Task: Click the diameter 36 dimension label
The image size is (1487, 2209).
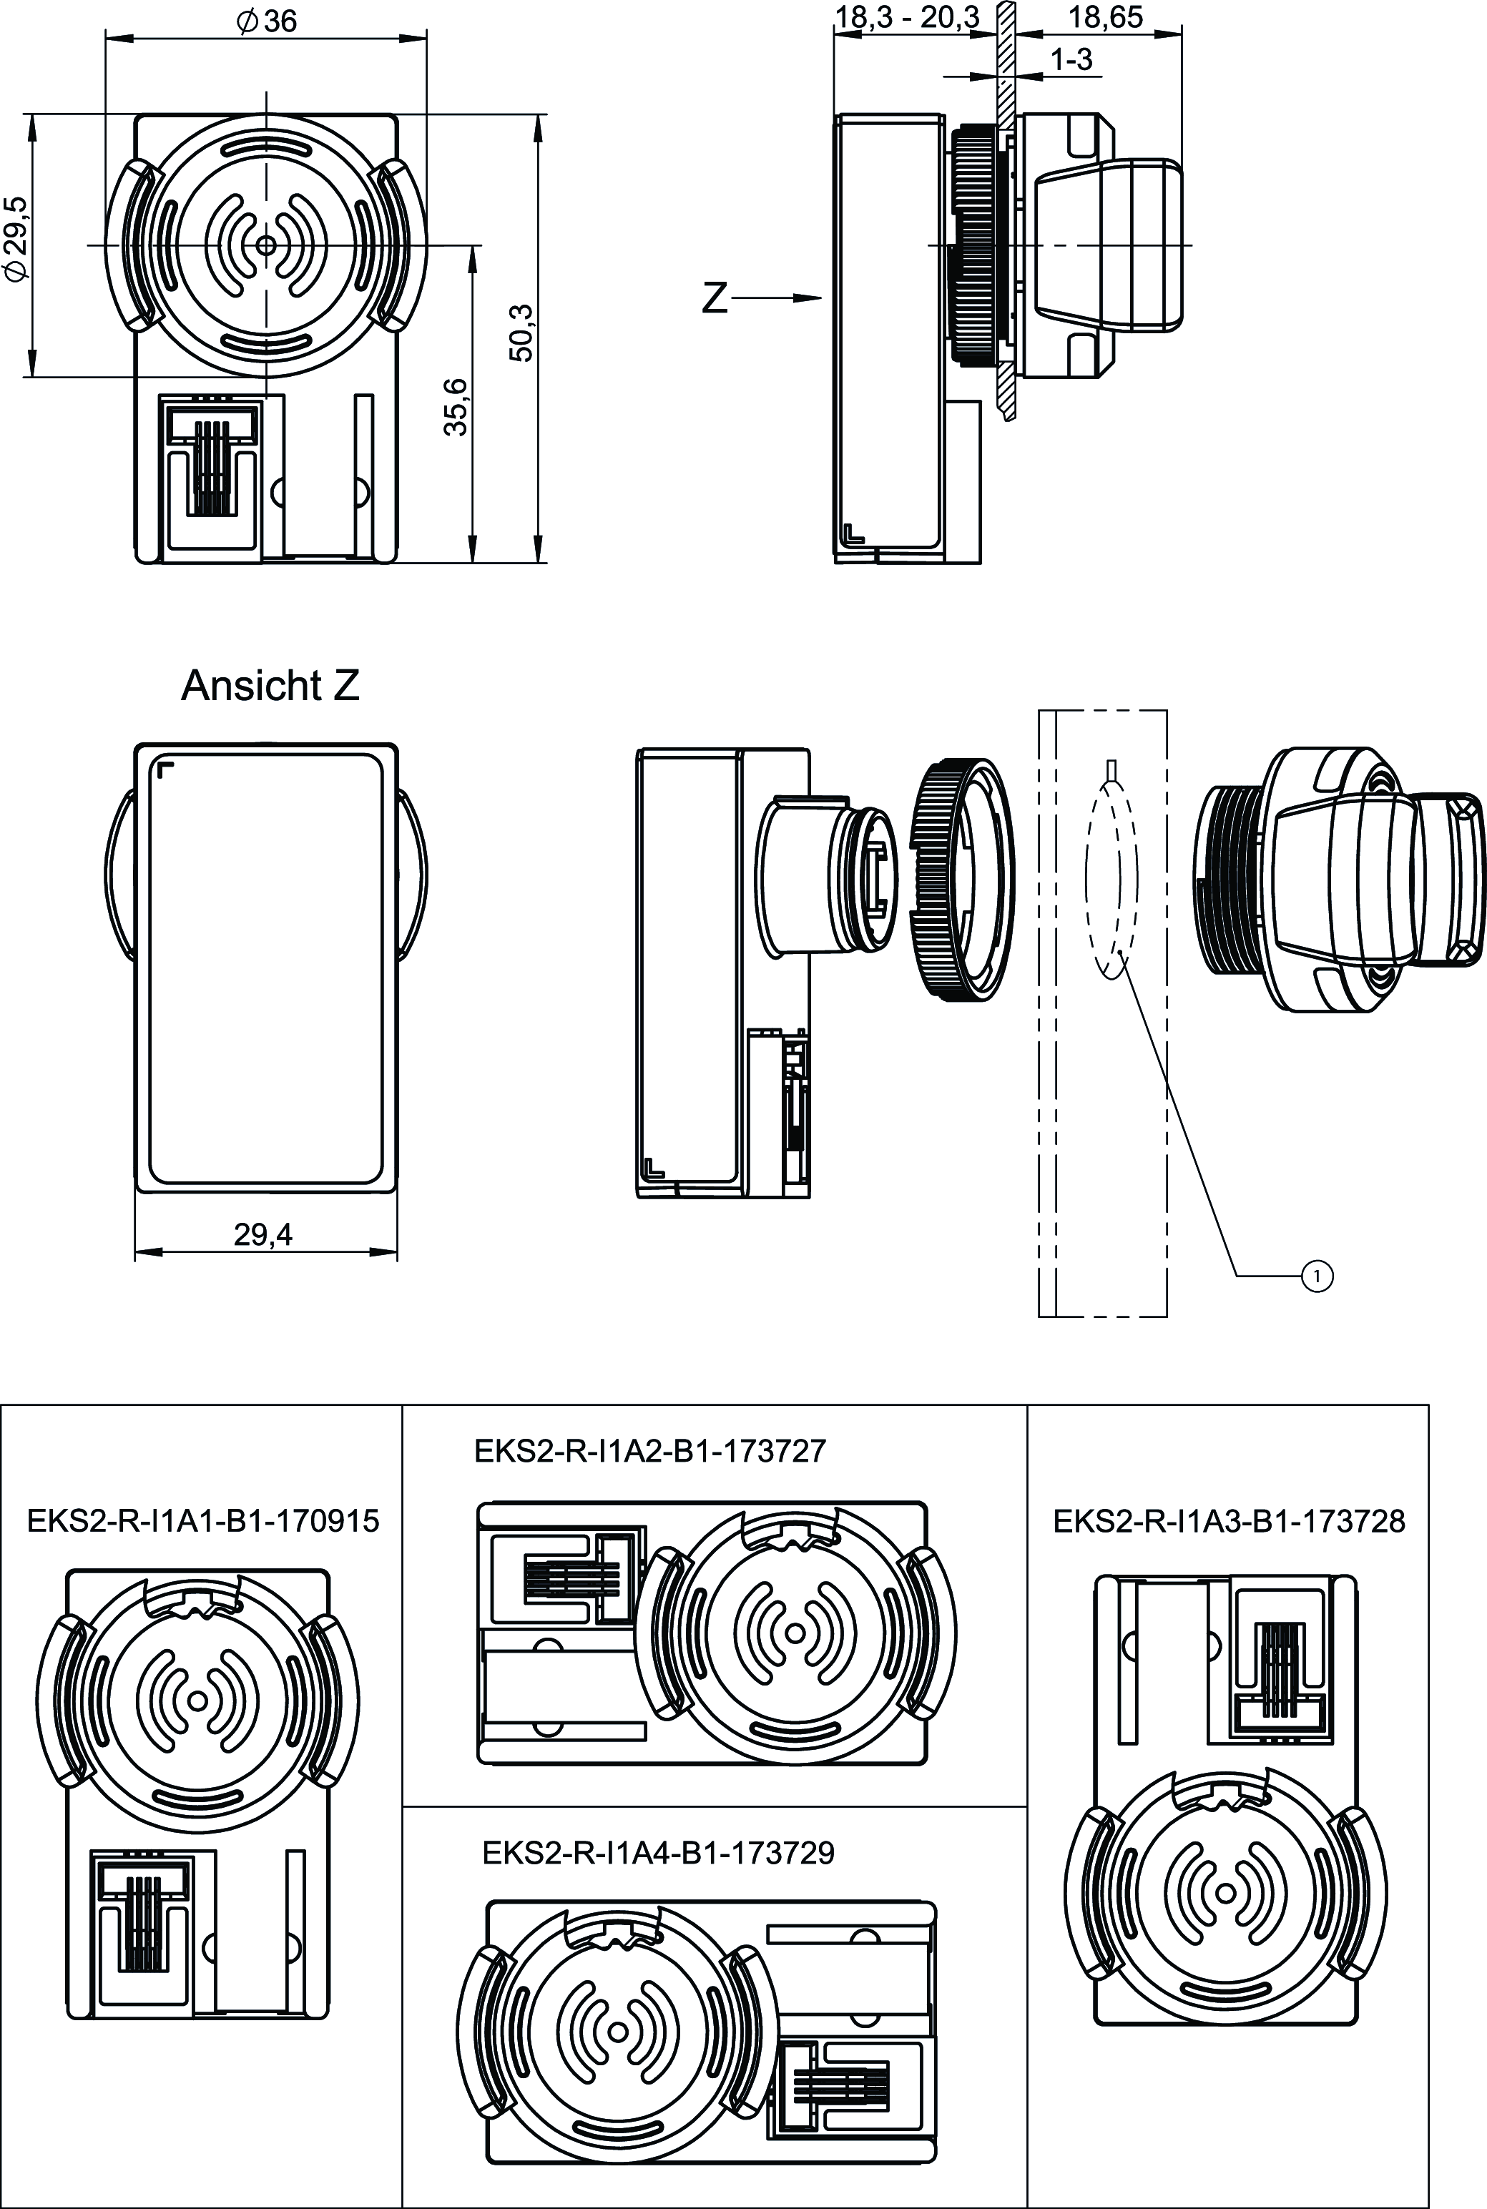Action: (268, 21)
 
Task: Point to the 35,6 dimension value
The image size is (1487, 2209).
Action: (457, 405)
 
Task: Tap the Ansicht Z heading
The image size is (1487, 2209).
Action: (270, 686)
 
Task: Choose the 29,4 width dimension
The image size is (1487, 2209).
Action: (264, 1234)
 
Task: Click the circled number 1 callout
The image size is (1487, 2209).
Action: (1317, 1277)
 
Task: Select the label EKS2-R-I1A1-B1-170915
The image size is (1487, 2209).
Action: (203, 1522)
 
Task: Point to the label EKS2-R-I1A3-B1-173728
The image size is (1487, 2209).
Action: (1229, 1522)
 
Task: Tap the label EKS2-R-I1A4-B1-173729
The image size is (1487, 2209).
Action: (658, 1853)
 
